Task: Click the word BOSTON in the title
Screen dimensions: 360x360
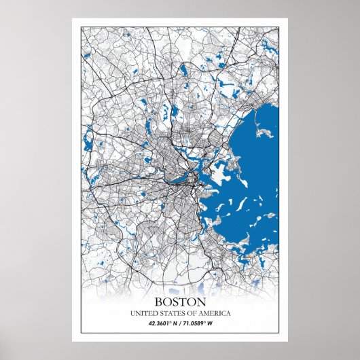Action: [180, 301]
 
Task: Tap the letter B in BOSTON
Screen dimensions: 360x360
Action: [159, 301]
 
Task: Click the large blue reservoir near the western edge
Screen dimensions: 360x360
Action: [87, 143]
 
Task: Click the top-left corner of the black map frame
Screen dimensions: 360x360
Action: [82, 27]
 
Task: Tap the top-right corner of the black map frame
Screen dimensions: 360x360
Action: [278, 27]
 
